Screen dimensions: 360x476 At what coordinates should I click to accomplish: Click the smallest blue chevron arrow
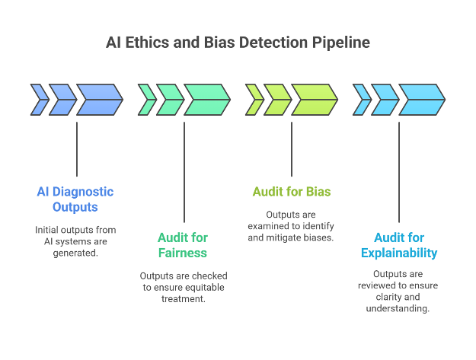pos(39,100)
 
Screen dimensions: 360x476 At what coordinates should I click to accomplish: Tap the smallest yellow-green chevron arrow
pos(254,100)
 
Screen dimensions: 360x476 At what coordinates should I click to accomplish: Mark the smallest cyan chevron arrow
pos(362,100)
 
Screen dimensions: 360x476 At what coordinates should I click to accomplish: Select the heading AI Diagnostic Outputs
pos(75,199)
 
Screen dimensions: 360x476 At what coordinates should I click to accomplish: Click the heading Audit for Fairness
pos(183,244)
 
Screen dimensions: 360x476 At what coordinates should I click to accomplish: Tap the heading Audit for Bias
pos(291,191)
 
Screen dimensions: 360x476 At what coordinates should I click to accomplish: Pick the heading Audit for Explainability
pos(399,244)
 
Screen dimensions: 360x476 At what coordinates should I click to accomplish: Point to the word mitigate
pos(286,237)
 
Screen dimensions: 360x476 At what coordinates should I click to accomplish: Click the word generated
pos(75,253)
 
